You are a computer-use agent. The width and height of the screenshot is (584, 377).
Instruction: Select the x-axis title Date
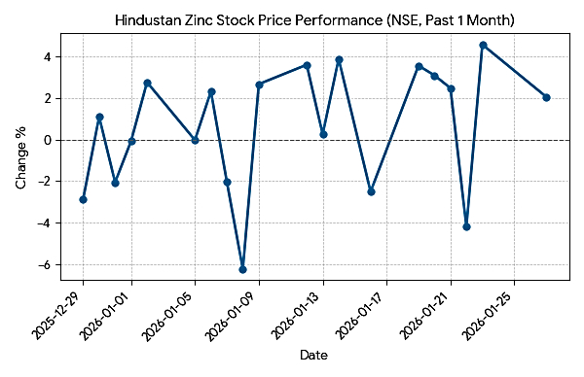click(x=313, y=356)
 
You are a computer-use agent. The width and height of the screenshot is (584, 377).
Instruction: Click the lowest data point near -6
click(x=242, y=269)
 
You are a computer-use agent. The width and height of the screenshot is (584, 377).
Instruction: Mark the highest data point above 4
click(x=483, y=45)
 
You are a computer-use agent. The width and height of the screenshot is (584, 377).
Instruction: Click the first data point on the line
click(x=84, y=199)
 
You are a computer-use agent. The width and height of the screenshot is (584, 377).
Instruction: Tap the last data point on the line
click(x=546, y=97)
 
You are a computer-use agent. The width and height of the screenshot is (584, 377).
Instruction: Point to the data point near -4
click(x=467, y=226)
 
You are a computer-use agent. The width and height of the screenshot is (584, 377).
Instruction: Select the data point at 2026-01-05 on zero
click(x=195, y=140)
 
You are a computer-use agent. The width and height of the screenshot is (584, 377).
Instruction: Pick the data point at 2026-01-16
click(x=371, y=191)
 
